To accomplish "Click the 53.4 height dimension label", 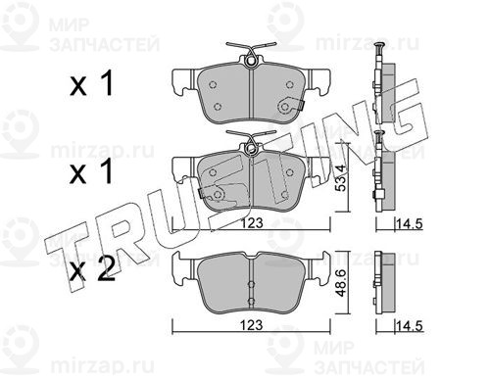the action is click(x=340, y=177).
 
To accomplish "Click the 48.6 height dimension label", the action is click(x=340, y=283).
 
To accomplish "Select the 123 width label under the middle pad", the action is click(x=252, y=223).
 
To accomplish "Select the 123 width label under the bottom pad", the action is click(x=252, y=325).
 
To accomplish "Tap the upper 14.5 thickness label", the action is click(x=410, y=224).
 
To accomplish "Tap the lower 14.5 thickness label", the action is click(x=410, y=326).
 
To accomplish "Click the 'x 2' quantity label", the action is click(x=93, y=268).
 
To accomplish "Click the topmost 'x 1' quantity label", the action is click(x=92, y=83).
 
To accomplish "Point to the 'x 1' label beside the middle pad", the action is click(x=92, y=170).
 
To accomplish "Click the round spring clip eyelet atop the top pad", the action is click(x=251, y=61).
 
